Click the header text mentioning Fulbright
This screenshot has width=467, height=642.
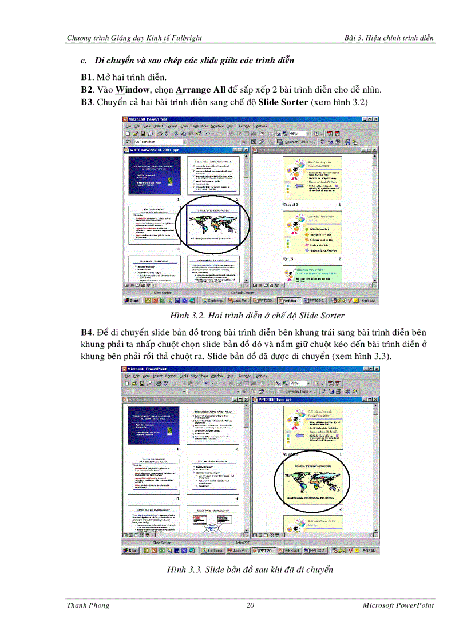pos(134,38)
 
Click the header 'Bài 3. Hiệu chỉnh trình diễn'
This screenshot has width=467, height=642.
pos(389,38)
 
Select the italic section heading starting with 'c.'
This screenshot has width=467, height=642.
pos(187,60)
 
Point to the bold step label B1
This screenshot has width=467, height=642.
pos(86,77)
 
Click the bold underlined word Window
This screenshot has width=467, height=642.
pos(129,90)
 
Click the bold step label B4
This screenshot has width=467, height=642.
pos(86,332)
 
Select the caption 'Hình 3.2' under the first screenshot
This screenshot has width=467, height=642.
pos(256,316)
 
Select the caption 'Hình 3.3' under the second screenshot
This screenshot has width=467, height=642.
pos(250,569)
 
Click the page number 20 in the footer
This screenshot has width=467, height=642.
pos(250,605)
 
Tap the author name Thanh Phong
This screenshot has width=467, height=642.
pos(88,605)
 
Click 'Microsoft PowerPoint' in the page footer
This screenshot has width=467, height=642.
pos(398,605)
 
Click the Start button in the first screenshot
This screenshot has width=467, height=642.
pos(132,300)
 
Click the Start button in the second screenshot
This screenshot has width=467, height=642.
pos(132,551)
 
